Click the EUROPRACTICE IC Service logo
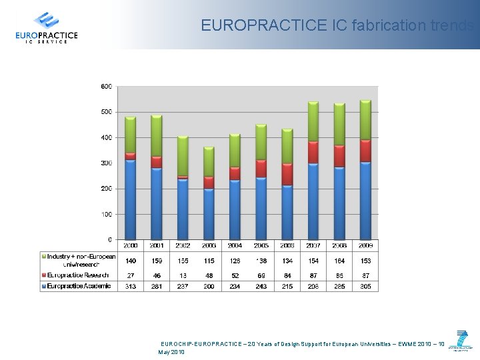46,28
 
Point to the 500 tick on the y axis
107,112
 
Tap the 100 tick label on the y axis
107,214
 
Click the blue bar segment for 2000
131,200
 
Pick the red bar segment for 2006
287,174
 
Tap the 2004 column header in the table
235,246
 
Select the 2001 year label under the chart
157,246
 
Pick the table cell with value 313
131,286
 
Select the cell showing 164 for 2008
339,260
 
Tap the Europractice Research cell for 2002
183,275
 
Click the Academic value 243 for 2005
261,286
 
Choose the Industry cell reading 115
209,260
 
